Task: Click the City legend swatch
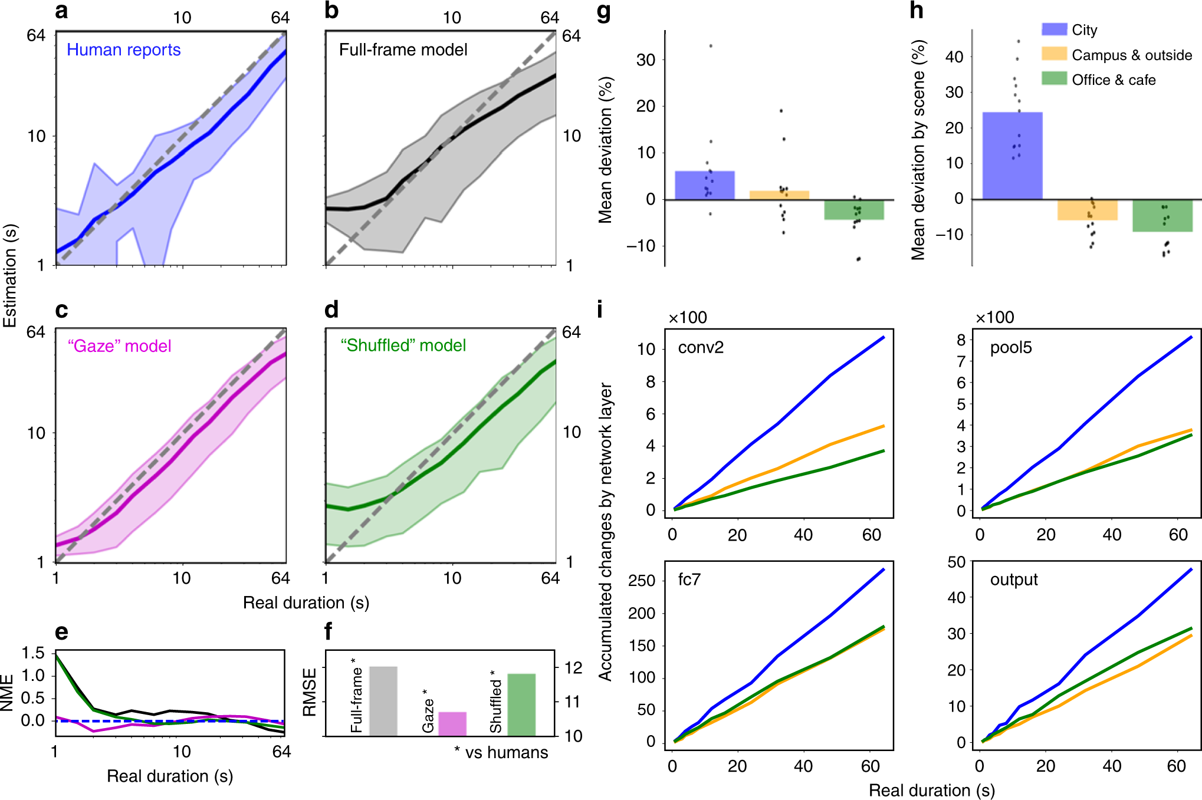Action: point(1054,29)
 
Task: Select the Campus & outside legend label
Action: point(1132,55)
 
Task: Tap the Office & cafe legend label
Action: point(1114,80)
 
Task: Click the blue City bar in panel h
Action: point(1012,156)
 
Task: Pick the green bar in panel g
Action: point(853,210)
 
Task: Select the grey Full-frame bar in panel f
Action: point(383,701)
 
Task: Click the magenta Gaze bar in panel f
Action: point(452,724)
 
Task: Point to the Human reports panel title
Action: point(123,50)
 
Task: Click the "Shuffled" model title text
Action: point(403,345)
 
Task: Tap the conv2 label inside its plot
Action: point(701,347)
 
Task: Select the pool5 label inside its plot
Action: point(1011,347)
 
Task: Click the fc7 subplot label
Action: point(689,580)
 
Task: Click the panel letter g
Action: point(603,12)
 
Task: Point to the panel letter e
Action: point(61,632)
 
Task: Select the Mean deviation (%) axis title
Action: point(605,150)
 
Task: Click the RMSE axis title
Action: point(310,692)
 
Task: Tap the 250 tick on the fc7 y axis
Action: point(642,581)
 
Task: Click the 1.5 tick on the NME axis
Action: point(33,653)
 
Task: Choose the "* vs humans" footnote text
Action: point(501,752)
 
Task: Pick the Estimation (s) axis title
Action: point(10,275)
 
